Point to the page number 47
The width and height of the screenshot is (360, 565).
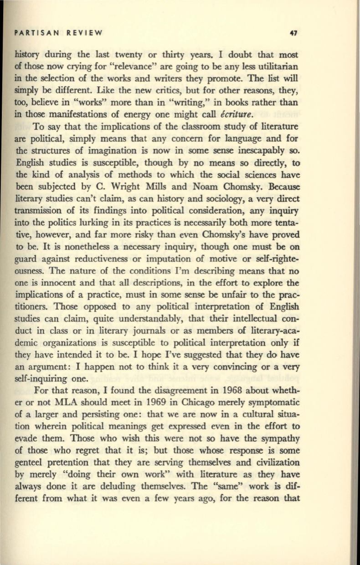pos(293,33)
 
